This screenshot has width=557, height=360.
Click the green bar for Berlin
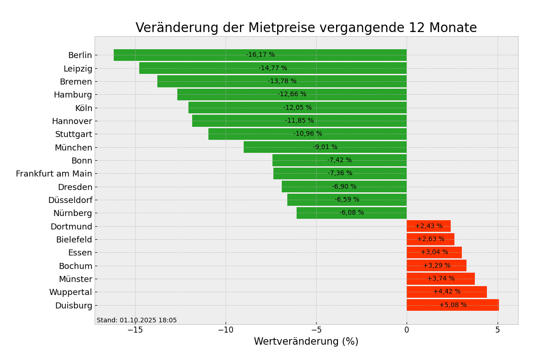point(186,55)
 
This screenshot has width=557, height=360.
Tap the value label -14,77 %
point(273,68)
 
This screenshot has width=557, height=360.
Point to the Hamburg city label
point(73,95)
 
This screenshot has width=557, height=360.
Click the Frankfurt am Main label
point(54,174)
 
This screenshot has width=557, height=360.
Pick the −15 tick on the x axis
point(135,330)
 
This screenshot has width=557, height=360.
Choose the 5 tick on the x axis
point(498,330)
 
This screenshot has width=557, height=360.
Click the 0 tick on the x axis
point(407,330)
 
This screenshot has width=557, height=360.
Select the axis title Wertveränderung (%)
point(306,342)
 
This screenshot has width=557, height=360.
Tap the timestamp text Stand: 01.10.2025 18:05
point(136,321)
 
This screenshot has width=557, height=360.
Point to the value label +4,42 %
point(447,292)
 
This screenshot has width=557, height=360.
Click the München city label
point(73,148)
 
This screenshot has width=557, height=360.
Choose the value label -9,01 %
point(325,147)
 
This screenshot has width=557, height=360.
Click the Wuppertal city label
point(71,292)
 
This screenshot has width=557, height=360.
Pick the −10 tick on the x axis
point(226,330)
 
